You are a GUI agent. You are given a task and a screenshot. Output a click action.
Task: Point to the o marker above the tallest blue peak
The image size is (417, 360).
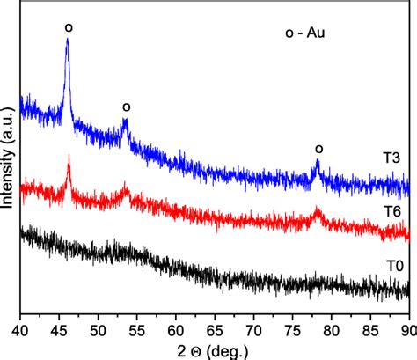coord(68,27)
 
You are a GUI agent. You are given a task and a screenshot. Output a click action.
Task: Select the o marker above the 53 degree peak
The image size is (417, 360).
coord(126,107)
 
